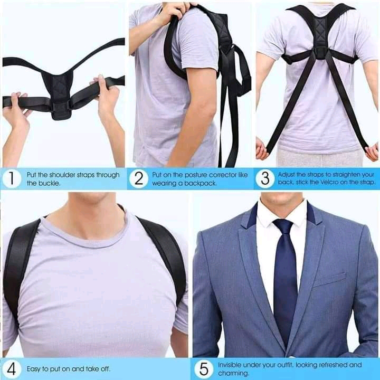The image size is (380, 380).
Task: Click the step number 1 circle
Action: point(12,178)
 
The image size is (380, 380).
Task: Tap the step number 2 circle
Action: point(138,179)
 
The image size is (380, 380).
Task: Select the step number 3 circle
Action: point(265,178)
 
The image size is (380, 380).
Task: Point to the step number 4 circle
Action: point(12,369)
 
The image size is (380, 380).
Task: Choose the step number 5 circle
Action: point(204,369)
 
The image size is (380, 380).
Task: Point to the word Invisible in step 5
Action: point(230,365)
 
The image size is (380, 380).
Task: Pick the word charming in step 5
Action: point(233,374)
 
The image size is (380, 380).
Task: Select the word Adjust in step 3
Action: point(287,175)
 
